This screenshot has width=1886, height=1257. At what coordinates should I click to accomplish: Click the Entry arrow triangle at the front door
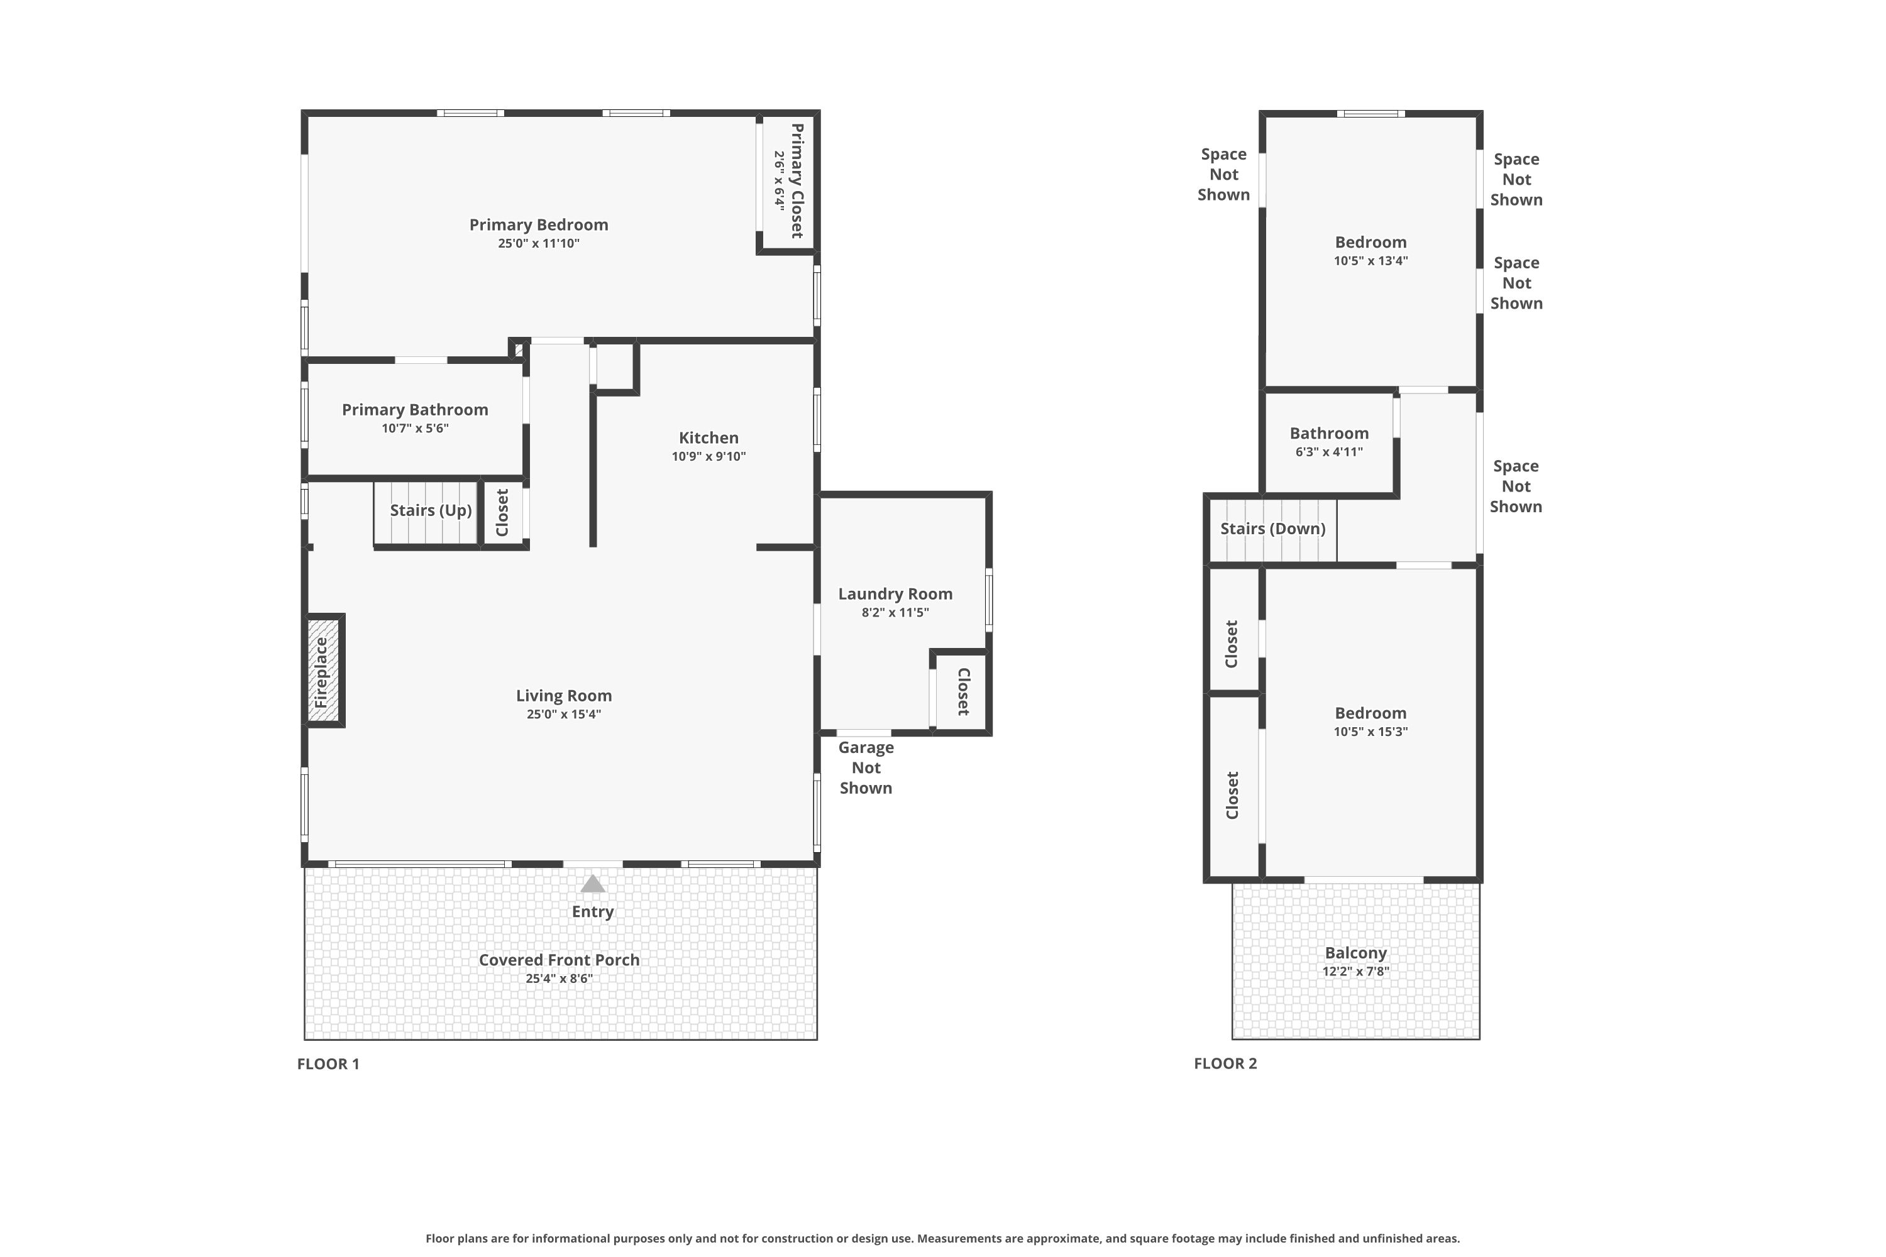coord(593,884)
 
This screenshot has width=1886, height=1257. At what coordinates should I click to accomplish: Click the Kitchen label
coord(709,437)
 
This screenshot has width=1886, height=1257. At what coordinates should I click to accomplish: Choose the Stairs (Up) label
coord(431,510)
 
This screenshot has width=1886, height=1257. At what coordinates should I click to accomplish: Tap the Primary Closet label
coord(797,180)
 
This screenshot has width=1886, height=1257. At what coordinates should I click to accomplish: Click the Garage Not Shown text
coord(866,768)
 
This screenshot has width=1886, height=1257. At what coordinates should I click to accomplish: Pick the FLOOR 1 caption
coord(329,1064)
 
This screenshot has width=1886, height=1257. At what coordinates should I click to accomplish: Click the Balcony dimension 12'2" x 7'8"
coord(1356,972)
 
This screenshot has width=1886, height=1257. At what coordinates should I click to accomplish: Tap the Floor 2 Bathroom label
coord(1330,434)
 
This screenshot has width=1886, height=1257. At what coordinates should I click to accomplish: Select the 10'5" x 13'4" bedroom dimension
coord(1371,261)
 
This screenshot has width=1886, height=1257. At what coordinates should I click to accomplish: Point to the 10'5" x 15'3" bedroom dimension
coord(1371,731)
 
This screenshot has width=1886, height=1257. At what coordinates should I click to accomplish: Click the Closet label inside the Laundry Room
coord(964,691)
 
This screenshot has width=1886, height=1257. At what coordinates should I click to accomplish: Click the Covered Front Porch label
coord(560,960)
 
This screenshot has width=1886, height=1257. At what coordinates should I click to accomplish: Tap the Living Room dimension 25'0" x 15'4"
coord(564,714)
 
